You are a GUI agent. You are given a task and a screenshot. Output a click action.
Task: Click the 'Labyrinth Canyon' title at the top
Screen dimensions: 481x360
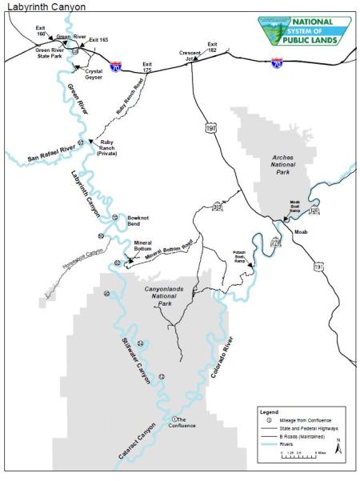pos(45,6)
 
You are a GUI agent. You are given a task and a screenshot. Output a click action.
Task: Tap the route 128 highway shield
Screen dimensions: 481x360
pos(314,210)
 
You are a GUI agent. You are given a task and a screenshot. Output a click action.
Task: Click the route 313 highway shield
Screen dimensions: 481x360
pos(217,206)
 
